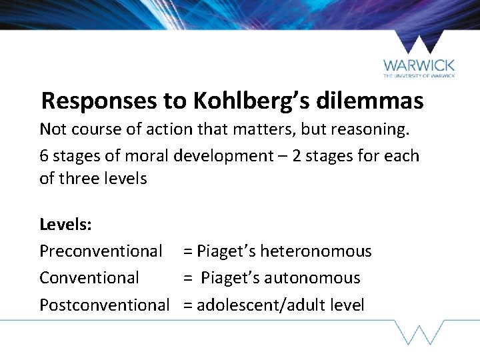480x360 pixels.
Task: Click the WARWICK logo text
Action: (x=419, y=66)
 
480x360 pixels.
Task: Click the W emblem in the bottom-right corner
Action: (x=419, y=332)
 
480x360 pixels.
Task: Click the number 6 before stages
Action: (x=44, y=156)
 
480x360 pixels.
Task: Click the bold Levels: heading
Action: (x=65, y=224)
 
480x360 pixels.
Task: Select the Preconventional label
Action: (x=101, y=251)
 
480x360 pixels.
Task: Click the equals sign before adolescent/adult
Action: (x=188, y=306)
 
